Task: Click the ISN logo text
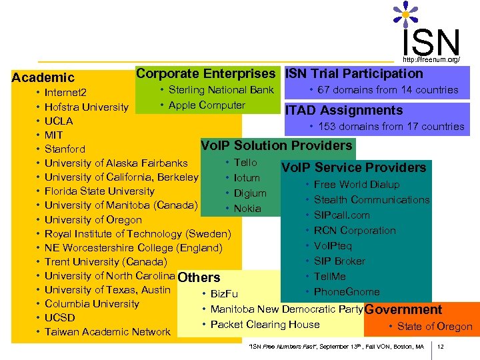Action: [431, 41]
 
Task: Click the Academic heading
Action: [43, 78]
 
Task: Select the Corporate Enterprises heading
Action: [205, 73]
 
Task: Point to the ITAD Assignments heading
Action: [343, 111]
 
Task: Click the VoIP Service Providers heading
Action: [353, 167]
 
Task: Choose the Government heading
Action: [403, 309]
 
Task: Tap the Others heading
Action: [199, 277]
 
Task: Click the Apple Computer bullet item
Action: [207, 105]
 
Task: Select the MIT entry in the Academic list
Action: [53, 135]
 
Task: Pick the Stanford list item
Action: [65, 149]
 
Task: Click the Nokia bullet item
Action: [247, 209]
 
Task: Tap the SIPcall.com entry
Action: [341, 215]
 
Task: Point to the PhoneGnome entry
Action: [347, 292]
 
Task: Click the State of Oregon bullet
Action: [434, 327]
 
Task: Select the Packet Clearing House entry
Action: [265, 325]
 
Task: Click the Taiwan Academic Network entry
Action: [107, 332]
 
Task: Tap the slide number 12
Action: [441, 347]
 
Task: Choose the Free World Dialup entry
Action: [357, 185]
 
